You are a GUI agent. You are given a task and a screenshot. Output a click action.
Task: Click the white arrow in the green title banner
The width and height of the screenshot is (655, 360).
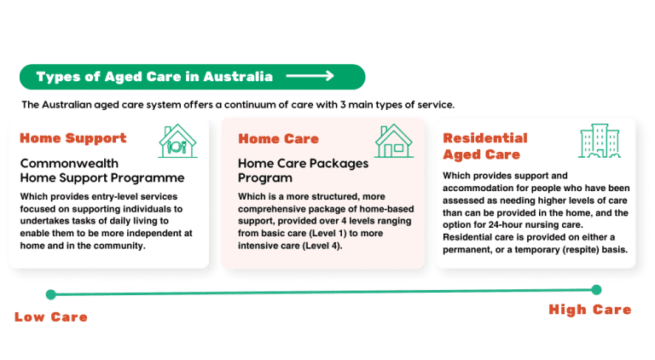click(x=310, y=77)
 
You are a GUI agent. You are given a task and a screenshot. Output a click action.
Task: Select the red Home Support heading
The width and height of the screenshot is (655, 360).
click(x=72, y=138)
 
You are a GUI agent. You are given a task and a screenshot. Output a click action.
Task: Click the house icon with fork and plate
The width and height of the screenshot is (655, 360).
click(x=177, y=141)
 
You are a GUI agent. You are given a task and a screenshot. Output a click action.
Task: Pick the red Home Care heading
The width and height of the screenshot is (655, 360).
click(x=278, y=139)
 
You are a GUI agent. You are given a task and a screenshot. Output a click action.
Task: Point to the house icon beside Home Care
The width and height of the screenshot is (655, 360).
click(x=394, y=141)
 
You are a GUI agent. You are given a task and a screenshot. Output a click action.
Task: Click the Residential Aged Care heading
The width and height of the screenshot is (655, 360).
click(x=484, y=146)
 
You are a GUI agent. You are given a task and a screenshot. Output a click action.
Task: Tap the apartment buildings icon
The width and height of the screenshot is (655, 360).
click(x=600, y=142)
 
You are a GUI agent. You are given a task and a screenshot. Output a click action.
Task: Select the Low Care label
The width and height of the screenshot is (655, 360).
click(x=51, y=317)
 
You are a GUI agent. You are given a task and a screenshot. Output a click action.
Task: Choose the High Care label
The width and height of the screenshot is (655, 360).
click(x=589, y=310)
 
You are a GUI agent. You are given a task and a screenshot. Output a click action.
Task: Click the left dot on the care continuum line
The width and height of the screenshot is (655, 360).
click(x=50, y=294)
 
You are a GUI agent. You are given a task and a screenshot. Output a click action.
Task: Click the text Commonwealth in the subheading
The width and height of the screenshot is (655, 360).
click(x=68, y=163)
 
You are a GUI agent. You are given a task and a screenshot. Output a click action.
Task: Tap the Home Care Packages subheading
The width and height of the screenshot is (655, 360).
click(x=303, y=163)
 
